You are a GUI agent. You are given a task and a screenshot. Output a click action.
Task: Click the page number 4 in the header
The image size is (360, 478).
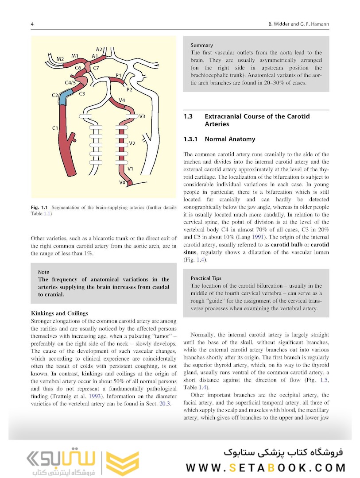tap(32, 23)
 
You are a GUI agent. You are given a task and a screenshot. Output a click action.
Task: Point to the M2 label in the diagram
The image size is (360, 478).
tap(60, 59)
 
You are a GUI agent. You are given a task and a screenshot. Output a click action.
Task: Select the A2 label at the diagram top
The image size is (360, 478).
tap(99, 49)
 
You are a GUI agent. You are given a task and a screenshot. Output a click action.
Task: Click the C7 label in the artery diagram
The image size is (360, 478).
tap(96, 68)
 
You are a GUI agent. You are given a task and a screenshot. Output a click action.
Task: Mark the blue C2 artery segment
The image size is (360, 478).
tap(65, 96)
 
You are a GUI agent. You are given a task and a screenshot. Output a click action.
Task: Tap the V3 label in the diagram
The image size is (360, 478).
tap(142, 116)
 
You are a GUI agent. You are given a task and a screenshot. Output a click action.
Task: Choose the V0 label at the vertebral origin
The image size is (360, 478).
tap(122, 182)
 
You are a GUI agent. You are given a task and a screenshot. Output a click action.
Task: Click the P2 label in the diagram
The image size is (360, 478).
tap(129, 90)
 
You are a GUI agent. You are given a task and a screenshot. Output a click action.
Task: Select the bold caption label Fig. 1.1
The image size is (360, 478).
tap(40, 208)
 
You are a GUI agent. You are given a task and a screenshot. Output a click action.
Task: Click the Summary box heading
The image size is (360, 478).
tap(201, 45)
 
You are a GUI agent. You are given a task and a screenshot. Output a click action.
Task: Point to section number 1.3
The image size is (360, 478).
tap(188, 116)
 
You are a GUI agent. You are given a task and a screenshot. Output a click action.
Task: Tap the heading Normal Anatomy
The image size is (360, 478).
tap(230, 139)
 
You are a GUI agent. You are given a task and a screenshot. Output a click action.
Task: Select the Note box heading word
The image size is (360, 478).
tap(44, 272)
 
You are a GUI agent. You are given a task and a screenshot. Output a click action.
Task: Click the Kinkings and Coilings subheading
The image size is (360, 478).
tap(59, 313)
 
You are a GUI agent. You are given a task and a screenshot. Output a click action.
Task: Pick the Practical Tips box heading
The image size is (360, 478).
tap(206, 278)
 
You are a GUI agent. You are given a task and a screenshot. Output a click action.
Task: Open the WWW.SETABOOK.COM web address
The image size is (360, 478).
tap(266, 468)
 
